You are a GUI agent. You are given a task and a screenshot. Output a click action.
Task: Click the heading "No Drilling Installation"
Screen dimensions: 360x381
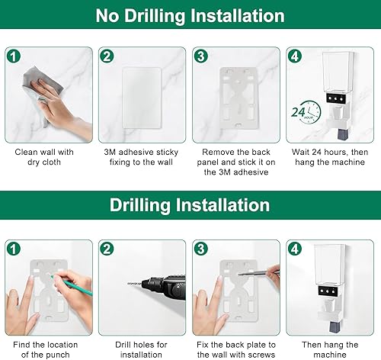190,15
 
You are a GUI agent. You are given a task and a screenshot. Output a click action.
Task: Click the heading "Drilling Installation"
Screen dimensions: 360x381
190,205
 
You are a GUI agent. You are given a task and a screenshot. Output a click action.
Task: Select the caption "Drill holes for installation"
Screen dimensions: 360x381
142,350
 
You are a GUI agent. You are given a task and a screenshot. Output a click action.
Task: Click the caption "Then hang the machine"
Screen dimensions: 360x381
331,350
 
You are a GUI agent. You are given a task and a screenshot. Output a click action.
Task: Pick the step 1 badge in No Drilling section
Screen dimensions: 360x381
13,56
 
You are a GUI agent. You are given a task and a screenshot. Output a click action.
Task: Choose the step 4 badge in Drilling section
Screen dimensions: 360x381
296,248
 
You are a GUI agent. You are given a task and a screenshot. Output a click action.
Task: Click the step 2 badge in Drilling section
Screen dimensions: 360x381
107,248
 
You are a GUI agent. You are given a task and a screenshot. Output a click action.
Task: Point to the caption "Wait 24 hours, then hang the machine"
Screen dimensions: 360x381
331,158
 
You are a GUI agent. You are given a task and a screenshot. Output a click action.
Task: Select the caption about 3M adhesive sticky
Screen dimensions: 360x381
142,158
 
